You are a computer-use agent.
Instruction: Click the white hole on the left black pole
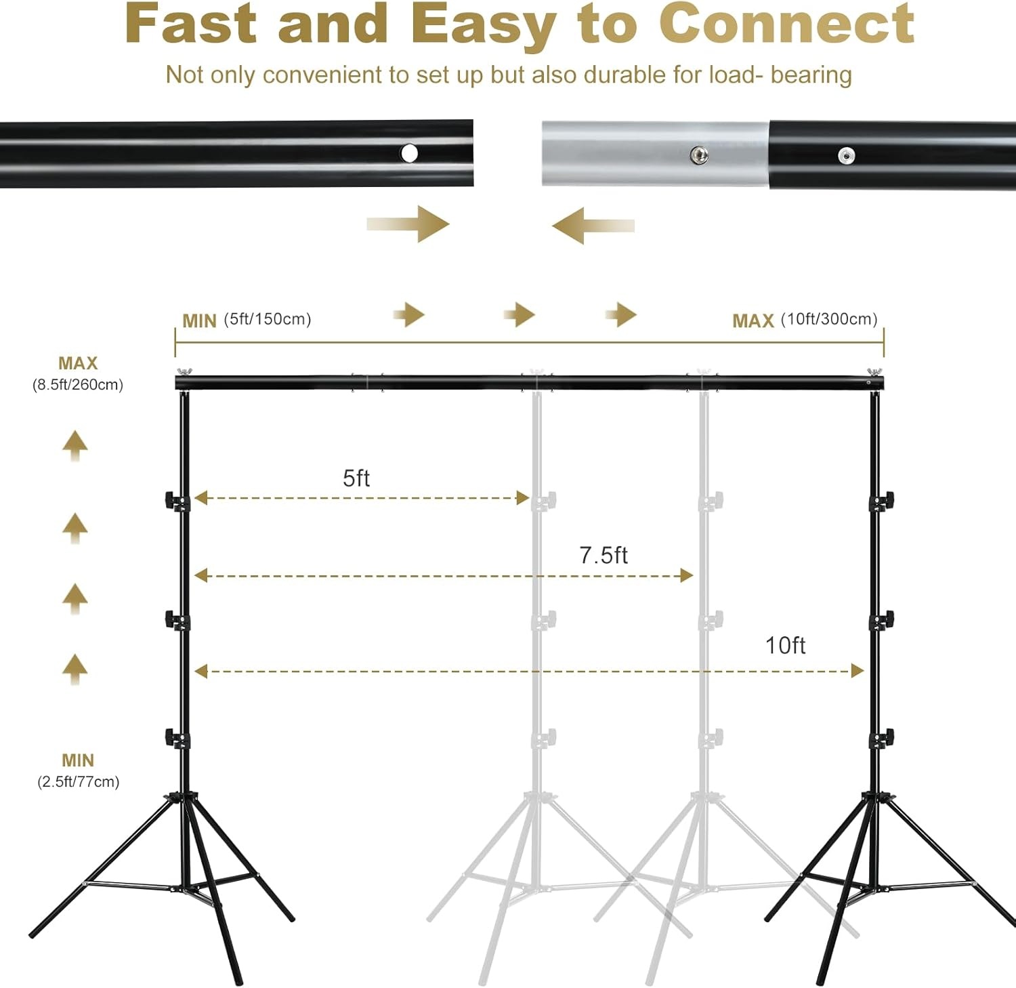pyautogui.click(x=409, y=153)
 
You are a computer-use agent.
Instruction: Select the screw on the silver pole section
pyautogui.click(x=698, y=155)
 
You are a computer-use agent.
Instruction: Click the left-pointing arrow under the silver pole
pyautogui.click(x=592, y=226)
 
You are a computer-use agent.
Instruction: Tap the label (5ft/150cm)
pyautogui.click(x=268, y=319)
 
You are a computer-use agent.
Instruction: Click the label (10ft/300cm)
pyautogui.click(x=829, y=319)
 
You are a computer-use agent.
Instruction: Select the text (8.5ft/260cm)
pyautogui.click(x=78, y=385)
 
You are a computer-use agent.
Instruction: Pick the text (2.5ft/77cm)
pyautogui.click(x=78, y=782)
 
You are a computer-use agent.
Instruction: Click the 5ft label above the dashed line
pyautogui.click(x=356, y=478)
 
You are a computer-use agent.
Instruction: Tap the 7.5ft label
pyautogui.click(x=603, y=556)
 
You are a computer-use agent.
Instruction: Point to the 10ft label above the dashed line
pyautogui.click(x=785, y=646)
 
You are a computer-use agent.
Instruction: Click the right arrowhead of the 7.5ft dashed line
pyautogui.click(x=687, y=576)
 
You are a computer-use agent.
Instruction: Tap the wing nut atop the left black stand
pyautogui.click(x=184, y=373)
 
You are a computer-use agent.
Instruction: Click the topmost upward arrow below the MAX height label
pyautogui.click(x=75, y=445)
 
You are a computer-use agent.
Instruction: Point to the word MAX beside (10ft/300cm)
pyautogui.click(x=753, y=321)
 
